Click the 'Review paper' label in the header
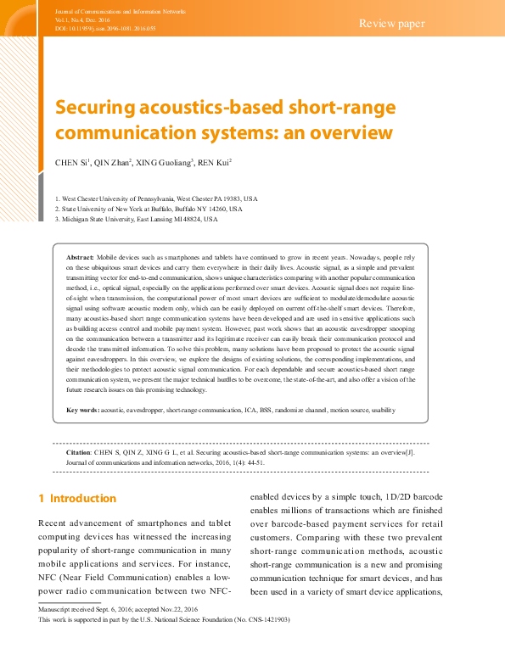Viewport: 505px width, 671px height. click(391, 23)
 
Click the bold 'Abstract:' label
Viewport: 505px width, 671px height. click(80, 255)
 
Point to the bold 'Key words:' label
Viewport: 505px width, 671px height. click(82, 411)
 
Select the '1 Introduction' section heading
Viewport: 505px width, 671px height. click(77, 498)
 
